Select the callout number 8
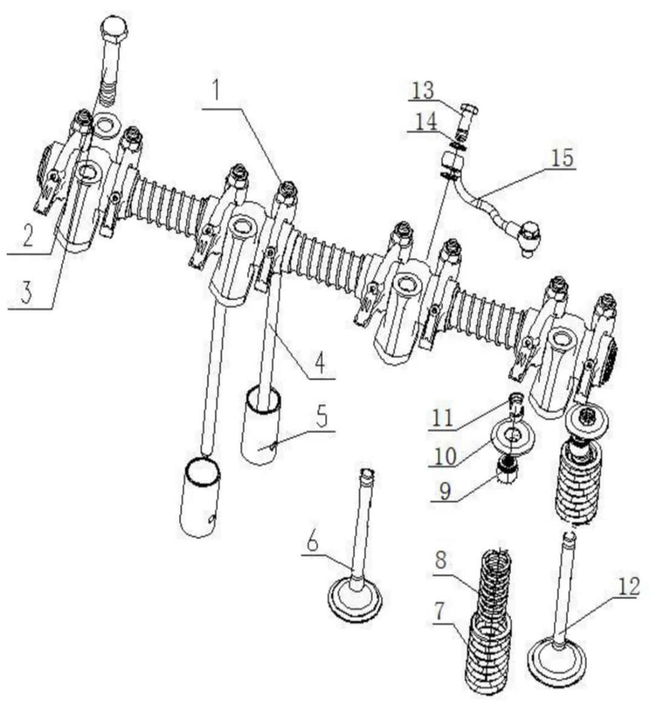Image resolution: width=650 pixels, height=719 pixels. [441, 560]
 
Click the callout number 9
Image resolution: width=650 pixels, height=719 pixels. [446, 490]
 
